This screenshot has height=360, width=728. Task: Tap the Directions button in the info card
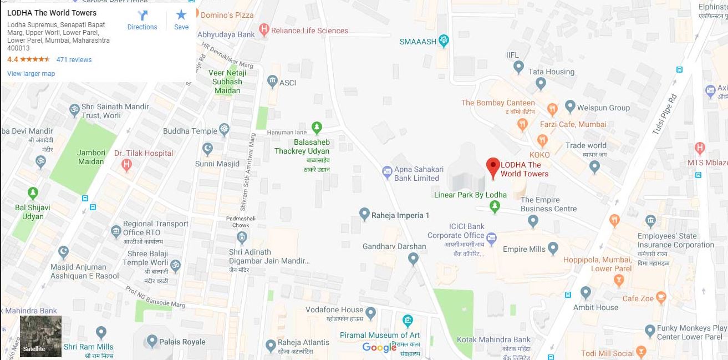(142, 20)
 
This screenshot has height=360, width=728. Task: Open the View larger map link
(31, 74)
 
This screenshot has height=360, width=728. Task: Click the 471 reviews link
(74, 60)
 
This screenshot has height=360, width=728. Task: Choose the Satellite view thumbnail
(40, 336)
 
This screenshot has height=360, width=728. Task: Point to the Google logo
(379, 348)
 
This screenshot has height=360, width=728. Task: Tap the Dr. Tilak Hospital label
(144, 153)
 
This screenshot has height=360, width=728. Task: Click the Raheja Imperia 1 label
(400, 215)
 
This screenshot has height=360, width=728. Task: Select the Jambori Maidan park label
(91, 157)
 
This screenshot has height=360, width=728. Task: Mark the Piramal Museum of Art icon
(408, 321)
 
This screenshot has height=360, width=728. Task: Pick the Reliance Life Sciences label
(309, 31)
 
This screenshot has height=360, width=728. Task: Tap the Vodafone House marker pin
(370, 313)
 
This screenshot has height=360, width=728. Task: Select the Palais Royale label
(182, 342)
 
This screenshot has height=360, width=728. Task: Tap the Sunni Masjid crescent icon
(208, 149)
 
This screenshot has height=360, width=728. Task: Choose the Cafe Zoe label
(638, 298)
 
